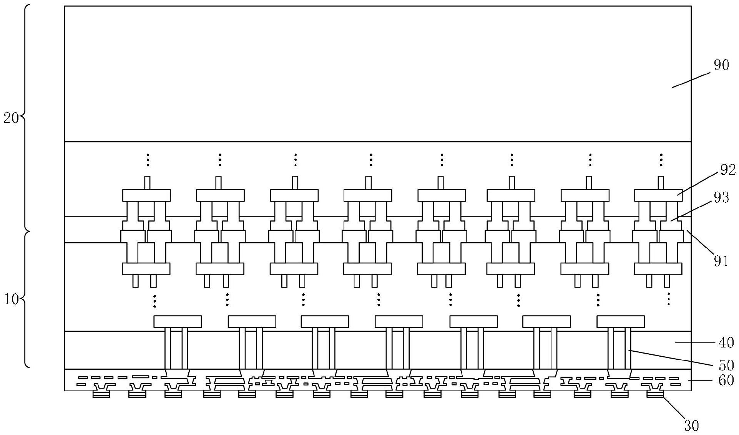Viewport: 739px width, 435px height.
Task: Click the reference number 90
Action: tap(721, 65)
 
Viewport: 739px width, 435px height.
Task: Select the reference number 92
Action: tap(727, 170)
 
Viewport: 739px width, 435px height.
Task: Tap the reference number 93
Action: tap(721, 197)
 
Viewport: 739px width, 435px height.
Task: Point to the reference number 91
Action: tap(721, 261)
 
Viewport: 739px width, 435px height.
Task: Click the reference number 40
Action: tap(726, 342)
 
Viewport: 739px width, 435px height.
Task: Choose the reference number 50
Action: tap(726, 365)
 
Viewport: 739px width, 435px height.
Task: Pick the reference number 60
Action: tap(726, 380)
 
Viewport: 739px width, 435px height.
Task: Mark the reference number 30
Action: tap(691, 425)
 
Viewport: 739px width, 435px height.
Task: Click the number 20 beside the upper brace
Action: tap(11, 118)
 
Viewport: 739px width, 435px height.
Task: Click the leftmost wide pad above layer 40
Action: tap(178, 321)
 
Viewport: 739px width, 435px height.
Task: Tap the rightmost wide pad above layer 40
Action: tap(620, 321)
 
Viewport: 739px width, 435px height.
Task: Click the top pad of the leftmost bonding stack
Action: tap(146, 195)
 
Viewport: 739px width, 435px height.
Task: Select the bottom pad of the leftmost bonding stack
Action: tap(146, 269)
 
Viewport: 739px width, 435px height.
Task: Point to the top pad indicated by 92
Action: tap(658, 195)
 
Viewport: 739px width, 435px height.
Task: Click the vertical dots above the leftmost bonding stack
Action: tap(148, 160)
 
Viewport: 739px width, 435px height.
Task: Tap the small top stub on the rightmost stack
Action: tap(661, 182)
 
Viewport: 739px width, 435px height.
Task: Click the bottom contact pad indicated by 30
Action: tap(655, 394)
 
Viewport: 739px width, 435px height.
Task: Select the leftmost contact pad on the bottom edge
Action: tap(101, 394)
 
